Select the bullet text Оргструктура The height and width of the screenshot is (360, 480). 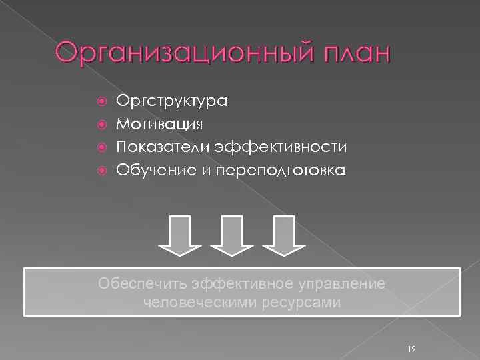172,101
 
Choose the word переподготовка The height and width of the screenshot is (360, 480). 277,171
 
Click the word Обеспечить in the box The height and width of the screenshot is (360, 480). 142,283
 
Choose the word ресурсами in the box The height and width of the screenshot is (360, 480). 300,303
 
